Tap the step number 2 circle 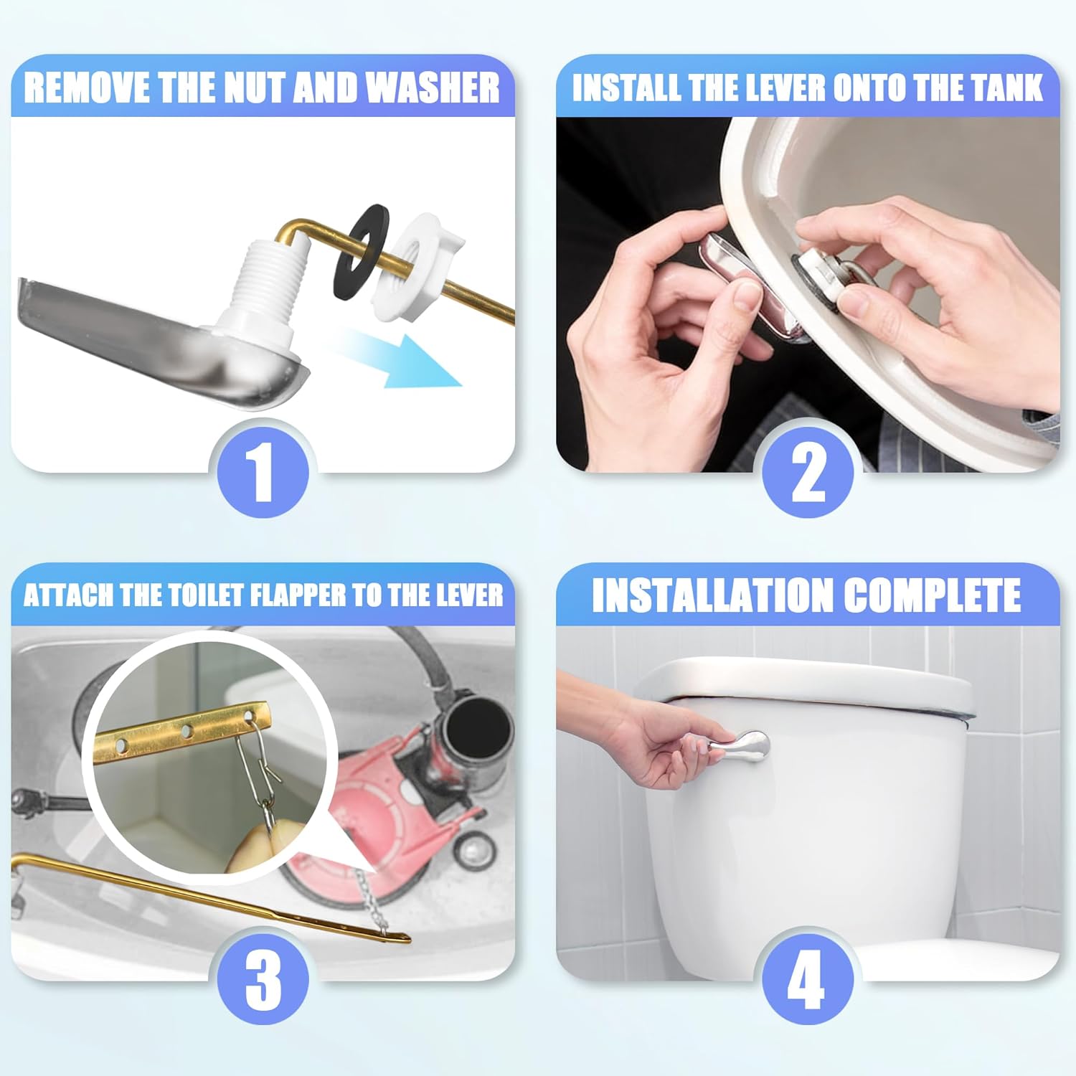(808, 471)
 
